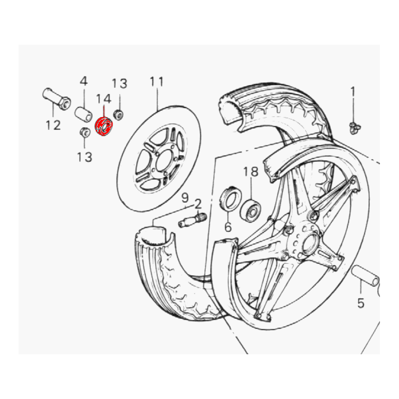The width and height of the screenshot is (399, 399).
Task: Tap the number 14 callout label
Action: point(104,99)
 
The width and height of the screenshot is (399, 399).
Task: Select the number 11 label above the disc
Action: point(156,82)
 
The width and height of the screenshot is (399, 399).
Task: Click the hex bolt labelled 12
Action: point(56,99)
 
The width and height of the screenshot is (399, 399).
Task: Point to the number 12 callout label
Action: point(53,125)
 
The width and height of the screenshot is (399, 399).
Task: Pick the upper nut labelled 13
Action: point(118,114)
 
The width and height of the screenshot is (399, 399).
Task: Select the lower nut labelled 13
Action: point(85,132)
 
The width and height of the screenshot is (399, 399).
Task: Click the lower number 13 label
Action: point(85,157)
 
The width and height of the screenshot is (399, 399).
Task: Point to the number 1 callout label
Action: point(352,92)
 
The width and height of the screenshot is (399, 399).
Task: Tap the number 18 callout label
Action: point(251,172)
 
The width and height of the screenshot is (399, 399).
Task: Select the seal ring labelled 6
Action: point(231,198)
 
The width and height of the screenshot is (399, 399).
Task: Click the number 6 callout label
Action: point(228,227)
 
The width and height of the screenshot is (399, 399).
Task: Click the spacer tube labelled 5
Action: point(365,275)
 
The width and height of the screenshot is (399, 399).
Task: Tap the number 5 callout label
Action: point(361,303)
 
